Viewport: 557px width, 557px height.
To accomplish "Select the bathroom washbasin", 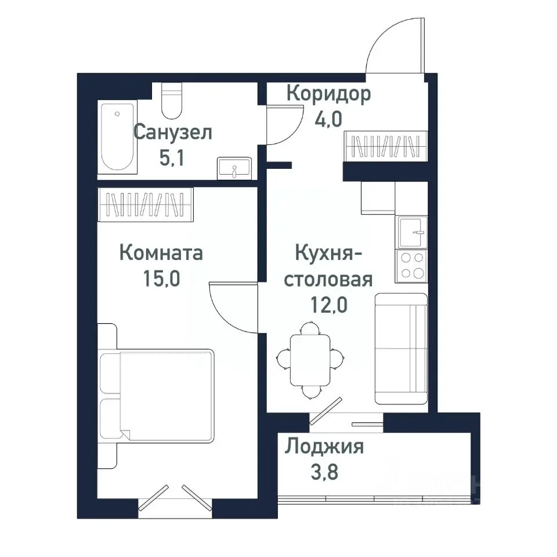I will [x=234, y=168].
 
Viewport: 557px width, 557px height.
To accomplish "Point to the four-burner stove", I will [x=411, y=266].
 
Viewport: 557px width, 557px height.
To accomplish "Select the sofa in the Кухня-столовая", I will [x=401, y=348].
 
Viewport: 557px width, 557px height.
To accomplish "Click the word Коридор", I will [x=328, y=94].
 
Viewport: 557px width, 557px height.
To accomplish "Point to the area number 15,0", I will [x=162, y=279].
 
